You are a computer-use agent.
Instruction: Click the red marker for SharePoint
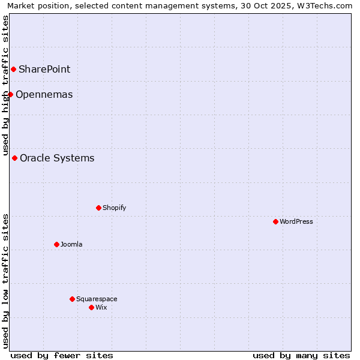(x=13, y=69)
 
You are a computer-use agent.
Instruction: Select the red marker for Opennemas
(x=10, y=94)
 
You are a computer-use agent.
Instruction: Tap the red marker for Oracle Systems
(x=14, y=158)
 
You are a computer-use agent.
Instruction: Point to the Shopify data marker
(x=98, y=208)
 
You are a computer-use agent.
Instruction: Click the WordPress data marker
(x=275, y=221)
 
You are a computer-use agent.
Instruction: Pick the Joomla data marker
(x=56, y=244)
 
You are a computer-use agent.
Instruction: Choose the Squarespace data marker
(x=72, y=299)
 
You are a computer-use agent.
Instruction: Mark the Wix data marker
(x=91, y=307)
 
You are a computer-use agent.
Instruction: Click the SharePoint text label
(x=44, y=69)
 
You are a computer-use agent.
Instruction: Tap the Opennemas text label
(x=44, y=94)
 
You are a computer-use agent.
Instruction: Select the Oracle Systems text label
(x=57, y=158)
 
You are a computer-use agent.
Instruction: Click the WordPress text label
(x=296, y=221)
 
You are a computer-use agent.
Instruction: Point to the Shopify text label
(x=114, y=208)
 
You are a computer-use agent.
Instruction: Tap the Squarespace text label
(x=97, y=299)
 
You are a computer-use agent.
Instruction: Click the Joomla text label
(x=71, y=244)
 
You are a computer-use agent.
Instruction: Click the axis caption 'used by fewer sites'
(x=62, y=355)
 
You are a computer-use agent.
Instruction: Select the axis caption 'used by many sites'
(x=301, y=355)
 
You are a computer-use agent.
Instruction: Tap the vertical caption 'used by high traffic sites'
(x=5, y=85)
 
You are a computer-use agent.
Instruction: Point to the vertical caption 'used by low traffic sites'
(x=5, y=280)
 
